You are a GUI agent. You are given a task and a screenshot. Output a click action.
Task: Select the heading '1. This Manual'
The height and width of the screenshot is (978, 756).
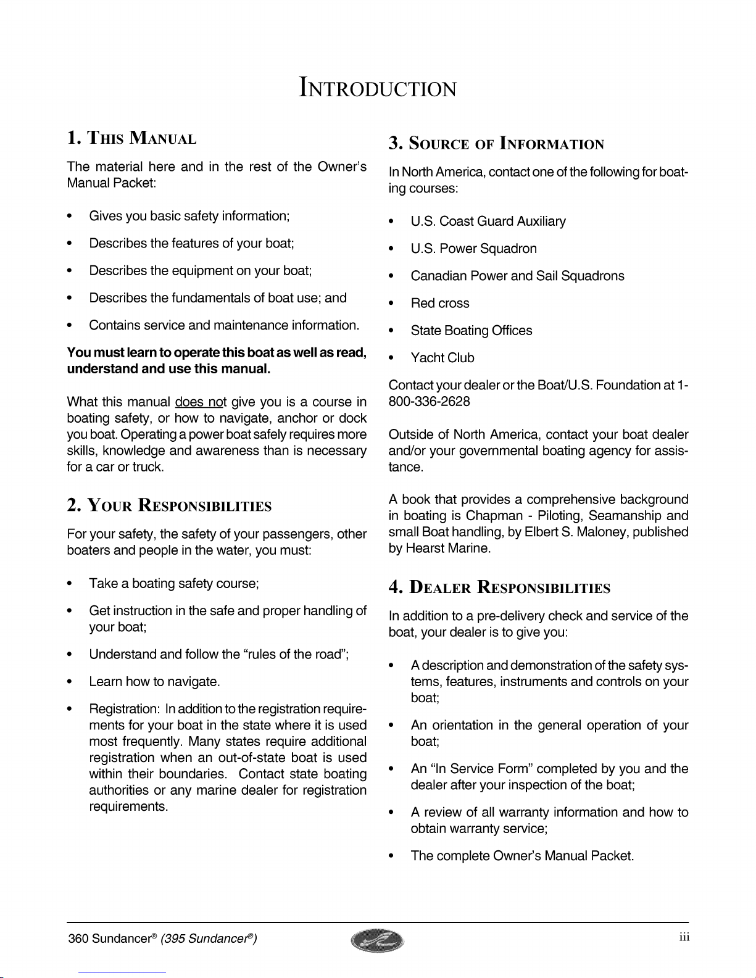pyautogui.click(x=131, y=138)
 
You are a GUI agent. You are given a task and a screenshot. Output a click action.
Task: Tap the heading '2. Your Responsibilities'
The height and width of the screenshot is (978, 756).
pyautogui.click(x=169, y=506)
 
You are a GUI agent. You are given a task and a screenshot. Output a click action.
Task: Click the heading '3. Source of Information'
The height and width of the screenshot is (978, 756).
pyautogui.click(x=496, y=144)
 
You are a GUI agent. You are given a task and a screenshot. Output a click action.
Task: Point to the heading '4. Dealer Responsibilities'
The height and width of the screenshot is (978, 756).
pyautogui.click(x=499, y=587)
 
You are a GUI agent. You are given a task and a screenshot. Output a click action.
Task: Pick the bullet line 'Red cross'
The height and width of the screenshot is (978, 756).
pyautogui.click(x=440, y=304)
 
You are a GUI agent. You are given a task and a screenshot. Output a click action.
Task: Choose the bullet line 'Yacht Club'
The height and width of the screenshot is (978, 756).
pyautogui.click(x=442, y=358)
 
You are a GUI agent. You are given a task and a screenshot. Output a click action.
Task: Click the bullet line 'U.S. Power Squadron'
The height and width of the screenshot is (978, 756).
pyautogui.click(x=473, y=249)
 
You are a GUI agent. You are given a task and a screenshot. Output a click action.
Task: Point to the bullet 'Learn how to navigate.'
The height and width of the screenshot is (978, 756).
pyautogui.click(x=154, y=682)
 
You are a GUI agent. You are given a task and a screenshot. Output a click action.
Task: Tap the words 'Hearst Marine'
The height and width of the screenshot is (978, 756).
pyautogui.click(x=447, y=548)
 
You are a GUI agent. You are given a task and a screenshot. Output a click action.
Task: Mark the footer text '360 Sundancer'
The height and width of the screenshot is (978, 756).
pyautogui.click(x=108, y=939)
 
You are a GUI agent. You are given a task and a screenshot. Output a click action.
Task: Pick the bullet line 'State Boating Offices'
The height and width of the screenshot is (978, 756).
pyautogui.click(x=471, y=331)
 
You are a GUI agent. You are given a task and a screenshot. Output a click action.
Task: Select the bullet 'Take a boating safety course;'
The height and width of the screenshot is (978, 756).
pyautogui.click(x=173, y=583)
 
